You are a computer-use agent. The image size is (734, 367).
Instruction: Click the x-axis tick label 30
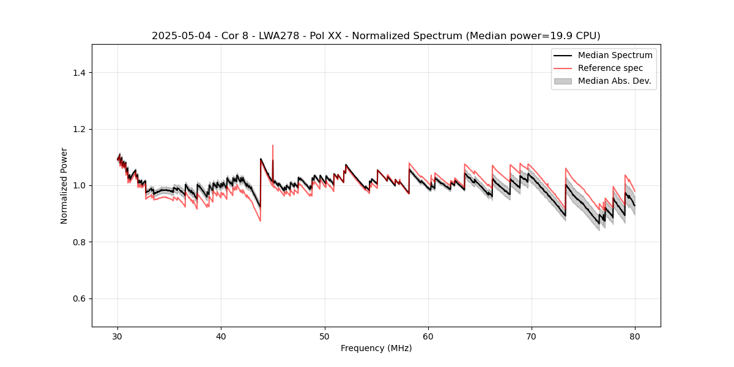(x=118, y=336)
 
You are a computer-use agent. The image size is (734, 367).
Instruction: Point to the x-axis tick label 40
(x=221, y=336)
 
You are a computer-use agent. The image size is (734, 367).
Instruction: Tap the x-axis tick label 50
(x=325, y=336)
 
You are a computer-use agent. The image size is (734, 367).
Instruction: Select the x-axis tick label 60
(x=428, y=336)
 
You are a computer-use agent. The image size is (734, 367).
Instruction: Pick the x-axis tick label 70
(x=532, y=336)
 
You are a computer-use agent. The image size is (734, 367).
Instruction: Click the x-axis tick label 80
(x=635, y=336)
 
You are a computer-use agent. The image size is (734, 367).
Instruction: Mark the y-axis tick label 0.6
(x=79, y=298)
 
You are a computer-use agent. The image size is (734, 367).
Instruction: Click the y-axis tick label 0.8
(x=79, y=242)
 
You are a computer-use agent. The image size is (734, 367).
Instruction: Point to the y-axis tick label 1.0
(x=79, y=185)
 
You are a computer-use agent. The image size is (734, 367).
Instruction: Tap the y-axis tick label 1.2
(x=79, y=129)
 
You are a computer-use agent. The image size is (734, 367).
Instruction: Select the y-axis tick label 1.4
(x=79, y=73)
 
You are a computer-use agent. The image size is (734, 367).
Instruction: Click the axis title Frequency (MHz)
(x=376, y=348)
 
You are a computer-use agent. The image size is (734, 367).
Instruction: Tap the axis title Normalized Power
(x=64, y=185)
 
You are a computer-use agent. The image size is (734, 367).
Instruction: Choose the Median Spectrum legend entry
(x=615, y=55)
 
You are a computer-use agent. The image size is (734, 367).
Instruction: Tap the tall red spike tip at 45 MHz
(x=273, y=146)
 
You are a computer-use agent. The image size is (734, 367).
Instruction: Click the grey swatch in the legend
(x=562, y=81)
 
